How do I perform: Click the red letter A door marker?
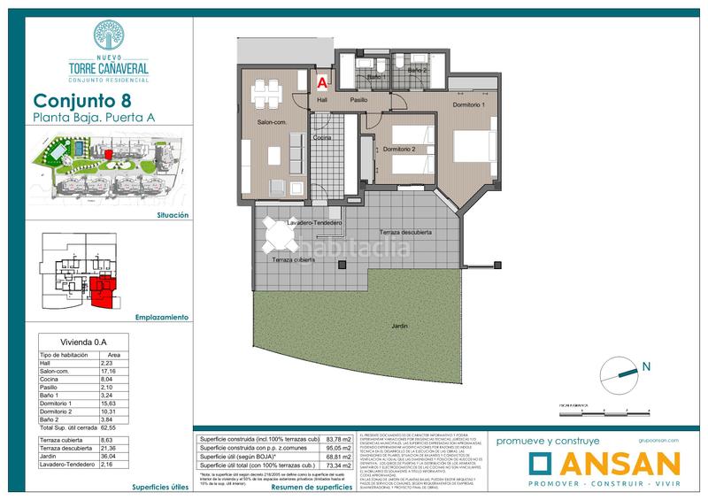tap(323, 82)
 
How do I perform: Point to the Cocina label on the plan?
tap(321, 138)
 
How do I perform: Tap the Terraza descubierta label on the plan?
tap(406, 232)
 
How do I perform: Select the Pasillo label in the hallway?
tap(358, 100)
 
